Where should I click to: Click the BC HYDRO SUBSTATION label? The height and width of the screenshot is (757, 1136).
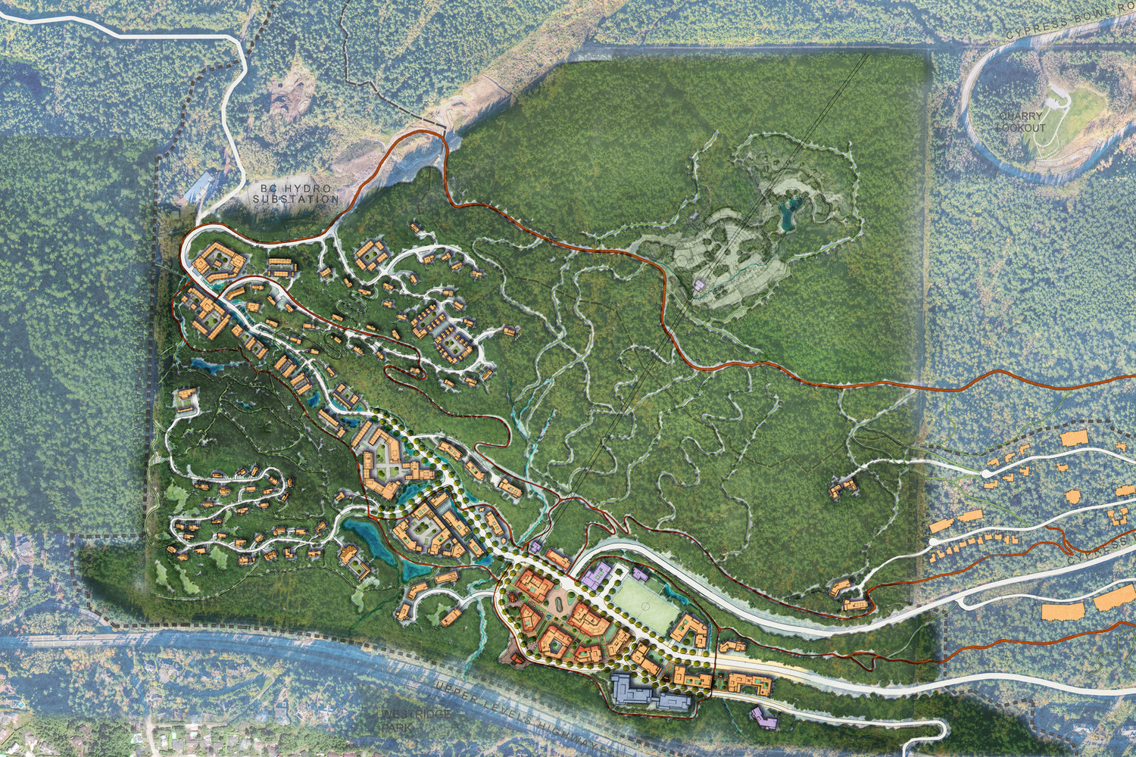(295, 194)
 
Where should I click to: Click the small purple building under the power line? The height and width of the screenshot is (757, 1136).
(698, 285)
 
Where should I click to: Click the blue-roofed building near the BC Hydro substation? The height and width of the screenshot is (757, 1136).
(198, 186)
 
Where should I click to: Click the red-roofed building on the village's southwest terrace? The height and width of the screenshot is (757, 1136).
(519, 660)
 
